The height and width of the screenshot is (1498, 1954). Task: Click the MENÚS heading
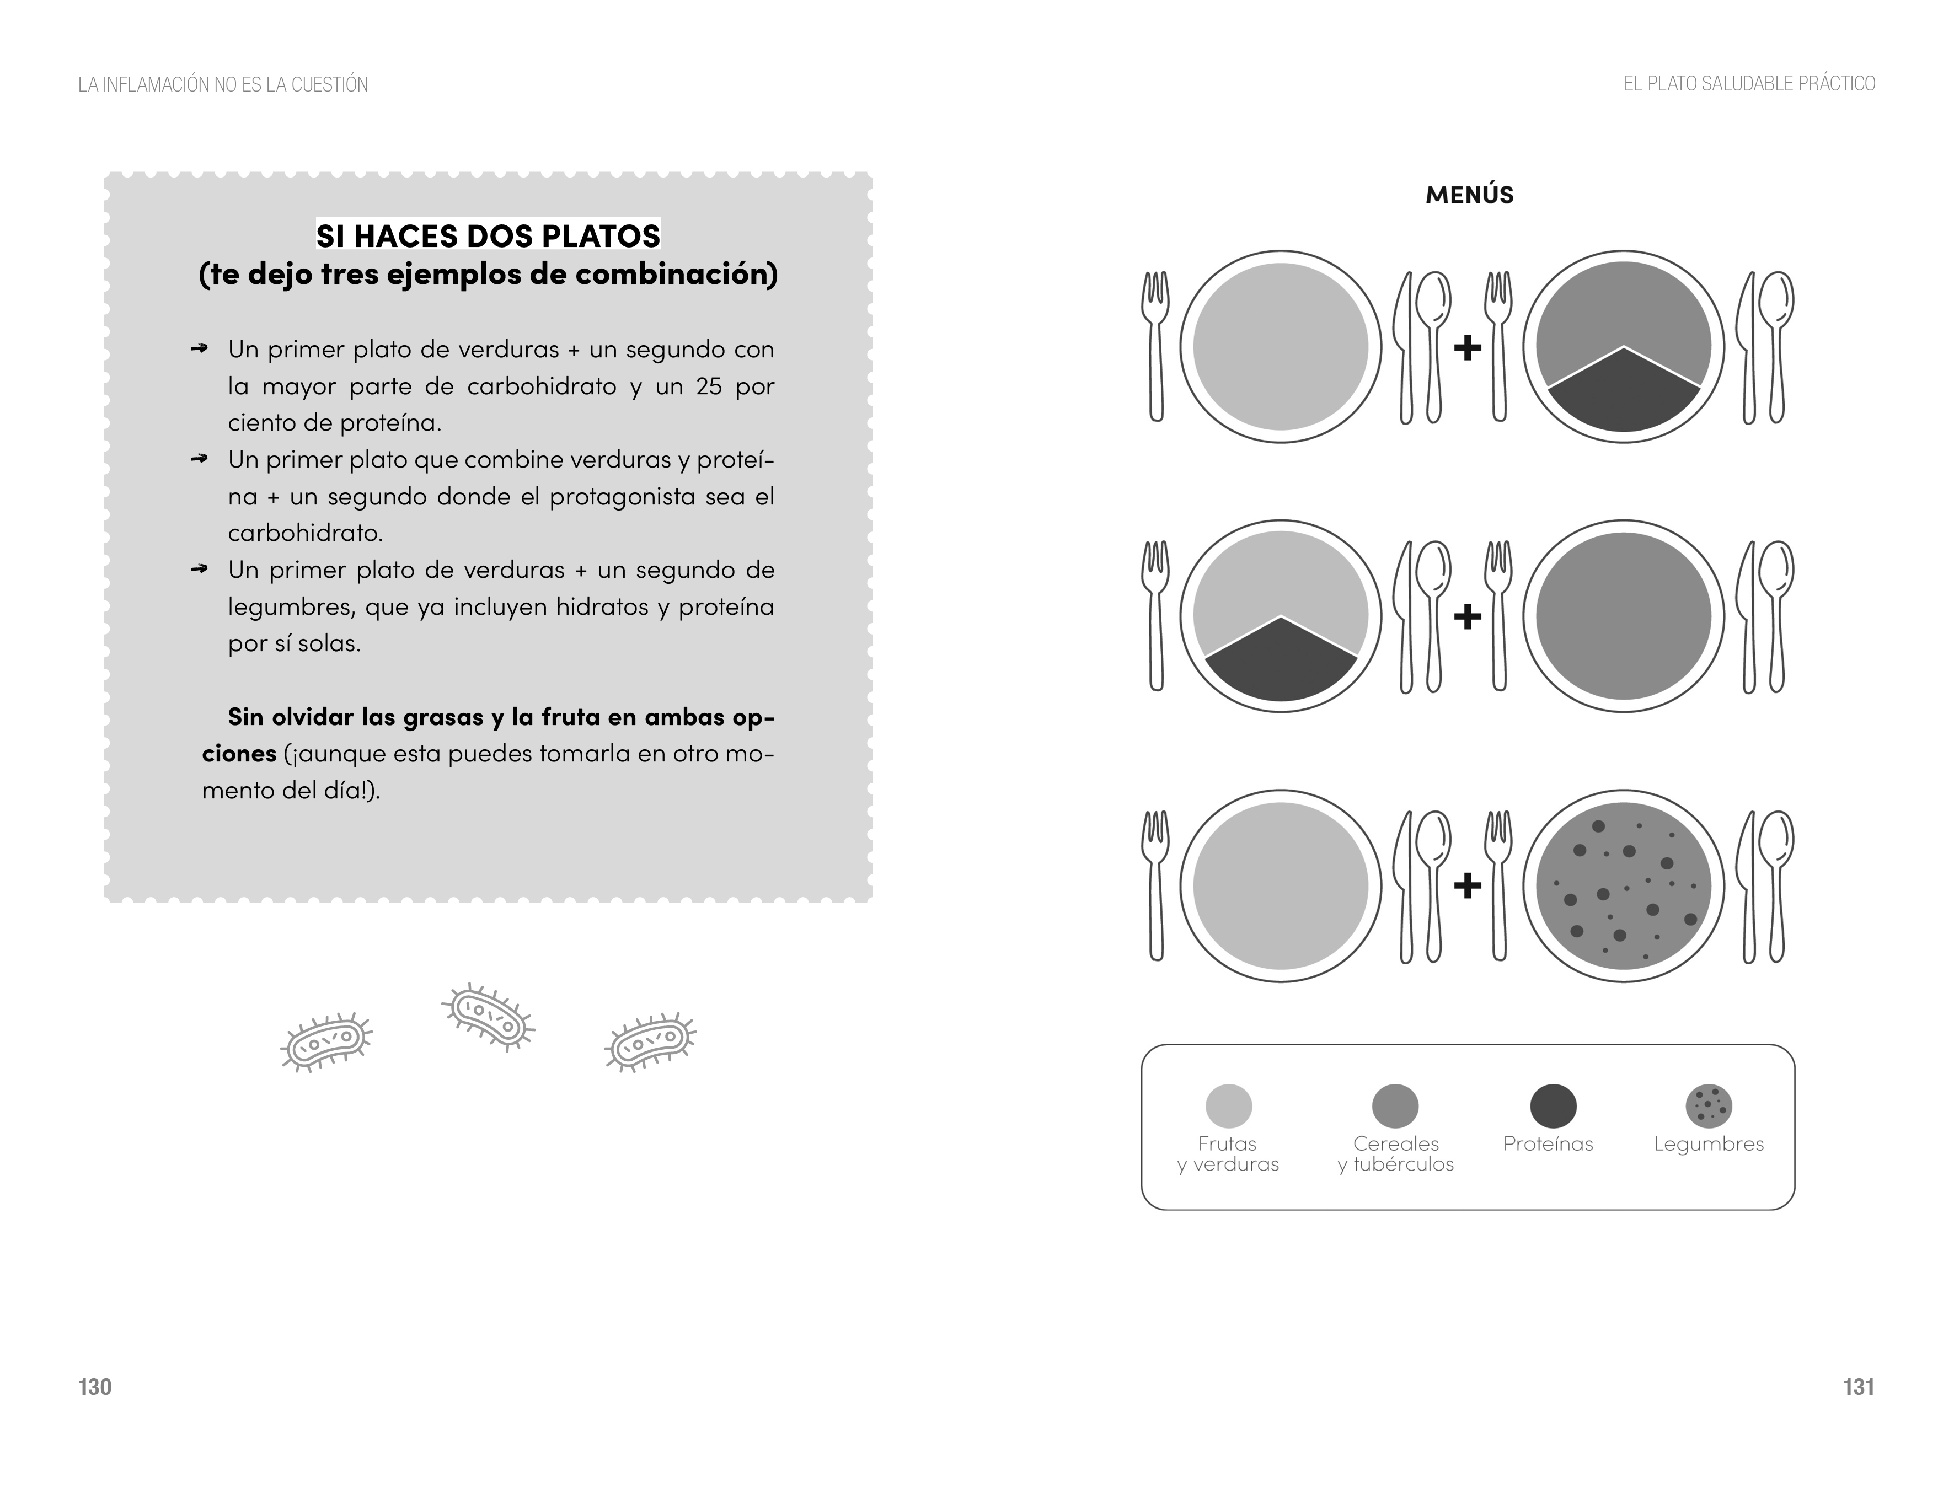[x=1469, y=195]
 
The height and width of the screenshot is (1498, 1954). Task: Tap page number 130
[x=94, y=1387]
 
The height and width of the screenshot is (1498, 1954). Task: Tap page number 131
[x=1859, y=1387]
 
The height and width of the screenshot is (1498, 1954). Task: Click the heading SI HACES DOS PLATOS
[x=488, y=235]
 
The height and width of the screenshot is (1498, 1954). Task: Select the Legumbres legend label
[x=1708, y=1144]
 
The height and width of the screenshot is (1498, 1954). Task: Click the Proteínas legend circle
[x=1553, y=1107]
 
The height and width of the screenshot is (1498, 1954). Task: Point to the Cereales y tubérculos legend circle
[x=1395, y=1107]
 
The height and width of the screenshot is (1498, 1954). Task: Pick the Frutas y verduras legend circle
[x=1228, y=1107]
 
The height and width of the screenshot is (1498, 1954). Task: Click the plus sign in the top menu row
[x=1467, y=348]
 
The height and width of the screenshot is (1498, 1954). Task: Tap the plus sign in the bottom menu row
[x=1467, y=885]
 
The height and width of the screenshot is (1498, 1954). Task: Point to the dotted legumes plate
[x=1623, y=885]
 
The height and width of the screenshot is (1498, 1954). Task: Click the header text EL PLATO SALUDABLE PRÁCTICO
[x=1749, y=84]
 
